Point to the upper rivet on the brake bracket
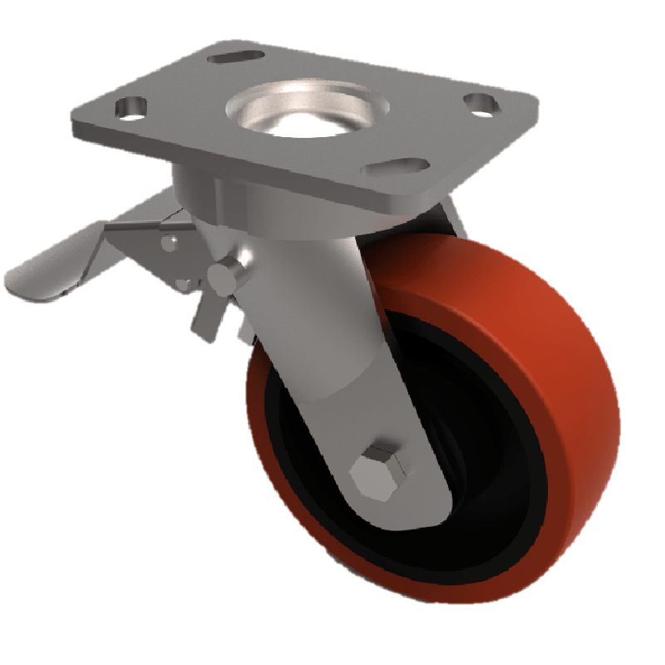pos(170,242)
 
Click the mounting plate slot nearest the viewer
pos(390,167)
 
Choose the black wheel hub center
pos(474,465)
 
